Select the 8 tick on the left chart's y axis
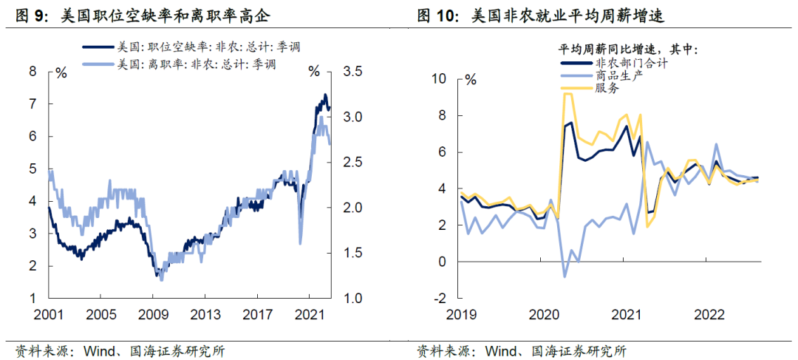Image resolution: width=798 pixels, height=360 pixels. pyautogui.click(x=33, y=72)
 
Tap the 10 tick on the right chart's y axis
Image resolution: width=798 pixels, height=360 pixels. pyautogui.click(x=440, y=78)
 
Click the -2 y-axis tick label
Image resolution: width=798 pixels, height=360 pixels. pyautogui.click(x=441, y=298)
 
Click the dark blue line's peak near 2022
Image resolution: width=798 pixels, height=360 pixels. pyautogui.click(x=324, y=95)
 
